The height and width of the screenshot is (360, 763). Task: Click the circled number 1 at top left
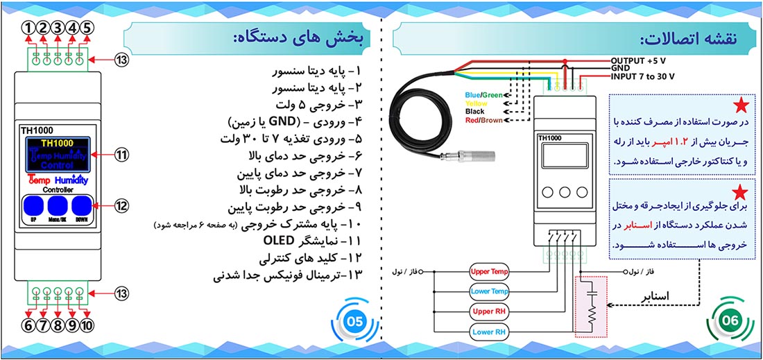click(28, 28)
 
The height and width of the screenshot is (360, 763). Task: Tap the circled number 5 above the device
click(86, 28)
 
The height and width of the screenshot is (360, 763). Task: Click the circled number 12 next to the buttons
click(122, 206)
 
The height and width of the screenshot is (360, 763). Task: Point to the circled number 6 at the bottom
click(28, 325)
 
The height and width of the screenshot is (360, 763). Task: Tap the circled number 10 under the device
click(87, 325)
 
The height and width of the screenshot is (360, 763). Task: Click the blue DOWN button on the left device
click(82, 207)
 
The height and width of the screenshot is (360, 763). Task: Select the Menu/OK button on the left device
click(58, 207)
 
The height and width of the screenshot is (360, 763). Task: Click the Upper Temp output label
click(490, 271)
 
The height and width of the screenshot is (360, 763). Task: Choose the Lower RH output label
click(490, 332)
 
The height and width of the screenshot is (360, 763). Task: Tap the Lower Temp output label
click(490, 291)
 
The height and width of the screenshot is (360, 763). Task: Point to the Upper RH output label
click(490, 311)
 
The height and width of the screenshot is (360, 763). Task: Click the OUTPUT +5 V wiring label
click(642, 60)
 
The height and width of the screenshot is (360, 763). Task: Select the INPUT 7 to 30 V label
click(643, 76)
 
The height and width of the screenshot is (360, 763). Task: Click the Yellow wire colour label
click(476, 103)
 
